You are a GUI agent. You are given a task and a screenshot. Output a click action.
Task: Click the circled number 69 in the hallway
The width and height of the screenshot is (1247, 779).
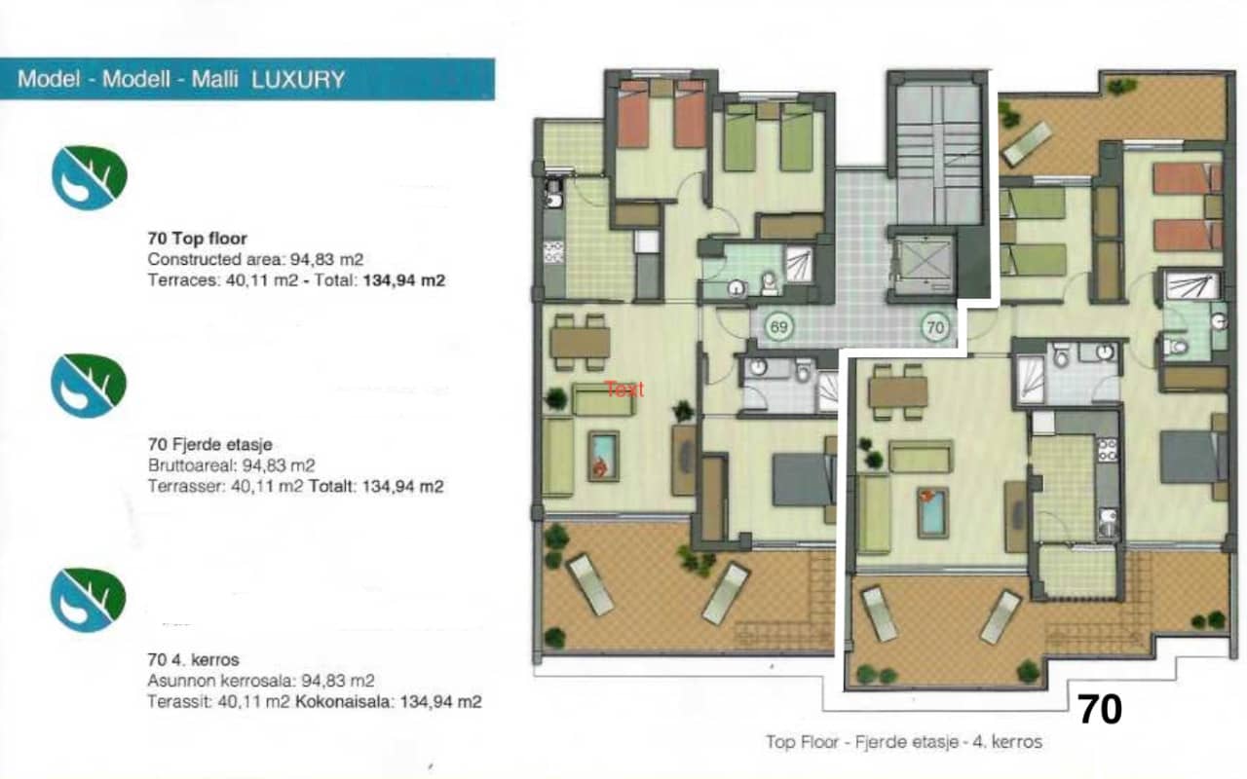[778, 328]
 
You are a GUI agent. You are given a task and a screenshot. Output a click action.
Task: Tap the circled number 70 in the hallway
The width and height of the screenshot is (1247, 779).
[934, 328]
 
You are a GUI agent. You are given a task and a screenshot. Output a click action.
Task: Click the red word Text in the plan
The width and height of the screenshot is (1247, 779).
[624, 389]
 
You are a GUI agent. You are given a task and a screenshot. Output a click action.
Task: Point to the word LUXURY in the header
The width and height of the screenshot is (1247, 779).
[298, 80]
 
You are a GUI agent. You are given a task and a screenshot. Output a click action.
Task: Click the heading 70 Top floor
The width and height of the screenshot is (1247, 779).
[197, 238]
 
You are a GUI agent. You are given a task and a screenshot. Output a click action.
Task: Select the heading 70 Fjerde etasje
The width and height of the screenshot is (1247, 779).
[210, 445]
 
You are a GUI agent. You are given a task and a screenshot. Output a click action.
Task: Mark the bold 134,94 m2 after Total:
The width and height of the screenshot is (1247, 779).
[404, 280]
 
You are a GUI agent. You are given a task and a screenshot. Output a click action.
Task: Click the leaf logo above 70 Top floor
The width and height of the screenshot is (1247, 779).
[89, 177]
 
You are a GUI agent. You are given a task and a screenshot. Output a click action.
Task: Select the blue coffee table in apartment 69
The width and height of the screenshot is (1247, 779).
[603, 456]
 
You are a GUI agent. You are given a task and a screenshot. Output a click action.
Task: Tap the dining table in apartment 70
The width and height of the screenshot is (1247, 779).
[897, 391]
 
